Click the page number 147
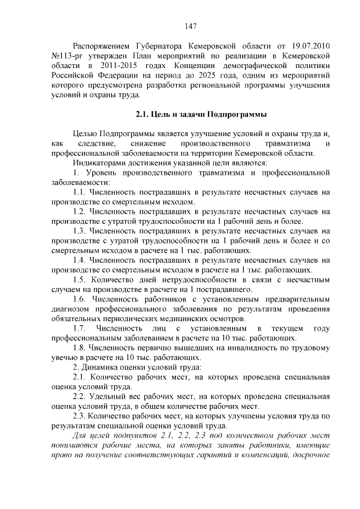(190, 26)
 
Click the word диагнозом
(71, 309)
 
